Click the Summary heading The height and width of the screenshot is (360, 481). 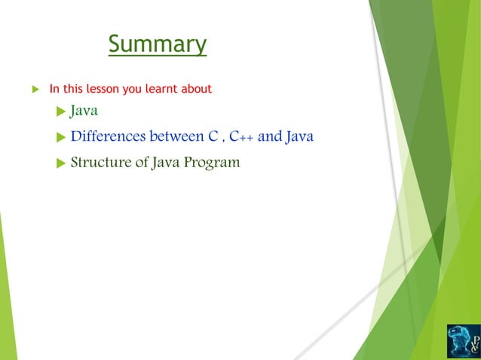pos(157,44)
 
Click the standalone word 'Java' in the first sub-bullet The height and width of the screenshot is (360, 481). pos(84,112)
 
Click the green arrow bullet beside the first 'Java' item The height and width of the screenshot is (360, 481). pos(61,113)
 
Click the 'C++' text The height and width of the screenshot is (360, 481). pos(241,137)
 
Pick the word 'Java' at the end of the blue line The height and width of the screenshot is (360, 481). pos(299,137)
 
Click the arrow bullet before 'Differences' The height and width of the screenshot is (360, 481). pos(61,138)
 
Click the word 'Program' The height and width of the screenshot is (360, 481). pos(213,162)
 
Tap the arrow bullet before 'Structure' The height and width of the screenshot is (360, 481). pos(61,163)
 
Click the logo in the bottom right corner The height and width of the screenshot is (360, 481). pos(463,340)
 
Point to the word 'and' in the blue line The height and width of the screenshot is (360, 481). pos(268,137)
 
